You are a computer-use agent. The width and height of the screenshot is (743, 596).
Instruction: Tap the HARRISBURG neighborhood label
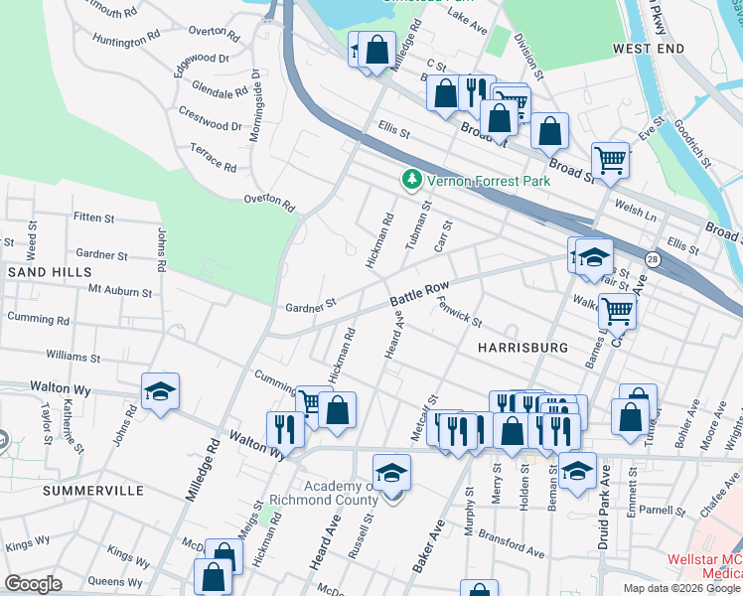pos(522,348)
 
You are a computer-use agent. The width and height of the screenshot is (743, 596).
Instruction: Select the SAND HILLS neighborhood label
pos(50,271)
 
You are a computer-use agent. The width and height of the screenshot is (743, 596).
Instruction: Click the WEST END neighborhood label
pos(649,48)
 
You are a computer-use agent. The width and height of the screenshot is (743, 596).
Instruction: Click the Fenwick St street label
pos(460,313)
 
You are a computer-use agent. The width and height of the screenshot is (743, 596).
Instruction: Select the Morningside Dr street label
pos(255,104)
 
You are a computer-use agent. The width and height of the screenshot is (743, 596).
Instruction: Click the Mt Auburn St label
pos(120,292)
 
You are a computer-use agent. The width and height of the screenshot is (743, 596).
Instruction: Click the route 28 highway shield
pos(652,259)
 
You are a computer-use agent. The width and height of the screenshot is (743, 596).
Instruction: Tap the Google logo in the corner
pos(33,584)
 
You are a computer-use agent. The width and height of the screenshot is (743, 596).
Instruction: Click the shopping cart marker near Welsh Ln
pos(610,159)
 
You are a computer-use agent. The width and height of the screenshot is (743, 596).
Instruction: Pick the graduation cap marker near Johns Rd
pos(159,393)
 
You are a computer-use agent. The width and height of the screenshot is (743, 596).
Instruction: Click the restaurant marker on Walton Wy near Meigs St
pos(284,429)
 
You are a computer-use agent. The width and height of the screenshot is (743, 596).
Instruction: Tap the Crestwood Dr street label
pos(209,126)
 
